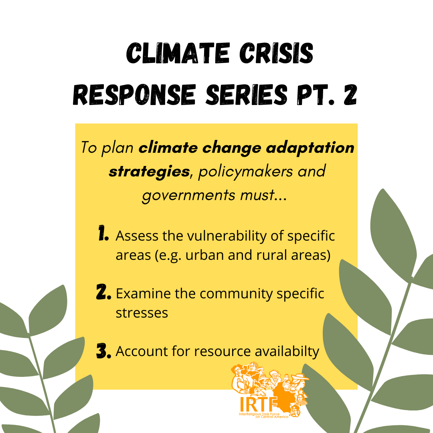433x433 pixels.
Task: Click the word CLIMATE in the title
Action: pos(178,53)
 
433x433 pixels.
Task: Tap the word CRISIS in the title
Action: pos(276,53)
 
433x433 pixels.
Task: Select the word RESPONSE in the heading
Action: pos(134,94)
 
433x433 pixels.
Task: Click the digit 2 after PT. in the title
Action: pos(350,94)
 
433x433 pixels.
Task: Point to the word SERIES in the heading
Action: pos(247,94)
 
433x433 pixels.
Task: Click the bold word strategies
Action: pos(149,172)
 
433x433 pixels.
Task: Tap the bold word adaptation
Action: pos(310,148)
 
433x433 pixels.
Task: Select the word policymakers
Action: pos(245,172)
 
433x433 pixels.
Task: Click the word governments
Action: pos(189,196)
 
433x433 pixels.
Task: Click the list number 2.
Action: pos(103,292)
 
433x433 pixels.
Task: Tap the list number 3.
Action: pos(103,351)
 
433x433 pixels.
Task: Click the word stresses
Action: pos(142,313)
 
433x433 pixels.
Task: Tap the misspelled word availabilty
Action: pos(287,352)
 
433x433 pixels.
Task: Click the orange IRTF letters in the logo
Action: pos(259,404)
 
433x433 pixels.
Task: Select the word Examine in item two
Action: pos(143,293)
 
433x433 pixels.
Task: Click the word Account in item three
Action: pos(142,352)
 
